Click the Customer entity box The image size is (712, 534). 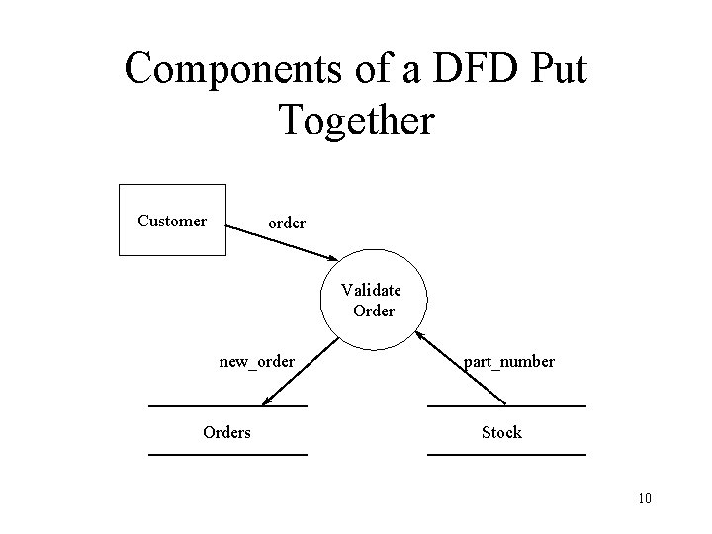(172, 221)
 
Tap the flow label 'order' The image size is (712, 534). (287, 223)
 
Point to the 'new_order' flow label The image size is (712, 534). (256, 362)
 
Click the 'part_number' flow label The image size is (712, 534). (509, 362)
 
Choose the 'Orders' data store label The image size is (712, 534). (226, 432)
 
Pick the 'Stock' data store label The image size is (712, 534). (501, 432)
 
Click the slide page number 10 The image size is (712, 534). (645, 497)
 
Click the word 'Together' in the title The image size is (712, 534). (356, 119)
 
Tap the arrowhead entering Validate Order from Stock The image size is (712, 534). (420, 335)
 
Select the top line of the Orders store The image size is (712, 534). (227, 406)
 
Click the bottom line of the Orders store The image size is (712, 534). (227, 454)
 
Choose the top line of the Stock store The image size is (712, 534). (506, 406)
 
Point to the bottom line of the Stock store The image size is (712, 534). (506, 454)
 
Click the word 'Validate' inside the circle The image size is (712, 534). (371, 291)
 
